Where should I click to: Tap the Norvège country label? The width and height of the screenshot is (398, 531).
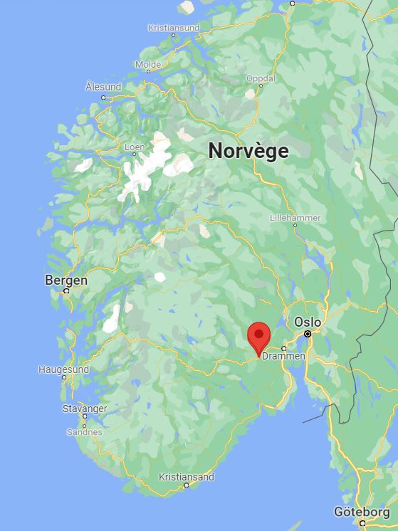pos(248,151)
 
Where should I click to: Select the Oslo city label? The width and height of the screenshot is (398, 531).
pos(308,322)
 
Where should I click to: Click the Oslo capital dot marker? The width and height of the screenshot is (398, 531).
pos(308,333)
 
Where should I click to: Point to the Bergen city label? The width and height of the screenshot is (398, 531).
pos(66,280)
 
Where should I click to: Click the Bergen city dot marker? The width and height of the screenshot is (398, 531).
pos(66,291)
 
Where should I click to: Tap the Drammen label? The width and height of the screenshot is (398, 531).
pos(283,356)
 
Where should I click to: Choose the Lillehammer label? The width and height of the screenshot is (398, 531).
pos(295,218)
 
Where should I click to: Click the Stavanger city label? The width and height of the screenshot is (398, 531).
pos(85,409)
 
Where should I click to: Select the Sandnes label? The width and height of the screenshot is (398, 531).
pos(85,432)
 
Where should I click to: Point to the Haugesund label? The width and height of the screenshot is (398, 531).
pos(63,370)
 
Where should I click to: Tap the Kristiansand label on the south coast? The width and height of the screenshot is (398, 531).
pos(187,477)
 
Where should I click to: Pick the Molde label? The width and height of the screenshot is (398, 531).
pos(148,64)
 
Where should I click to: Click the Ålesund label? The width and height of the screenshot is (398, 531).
pos(103,86)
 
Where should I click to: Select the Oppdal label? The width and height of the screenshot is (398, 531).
pos(261,78)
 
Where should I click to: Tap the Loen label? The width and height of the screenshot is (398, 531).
pos(135,147)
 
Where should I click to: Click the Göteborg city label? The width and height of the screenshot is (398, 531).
pos(362,512)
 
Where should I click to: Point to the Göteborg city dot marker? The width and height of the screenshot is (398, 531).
pos(362,523)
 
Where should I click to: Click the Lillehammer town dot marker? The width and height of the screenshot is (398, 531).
pos(295,225)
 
